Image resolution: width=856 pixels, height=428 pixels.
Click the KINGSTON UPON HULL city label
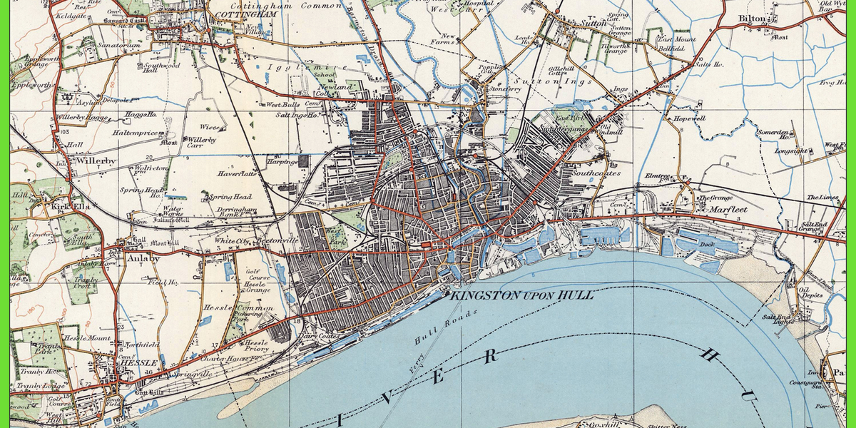point(519,295)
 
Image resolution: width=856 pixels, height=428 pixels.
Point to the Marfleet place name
point(726,210)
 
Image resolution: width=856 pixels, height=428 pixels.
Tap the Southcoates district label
point(596,173)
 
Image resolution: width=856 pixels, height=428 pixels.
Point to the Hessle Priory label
point(255,346)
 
